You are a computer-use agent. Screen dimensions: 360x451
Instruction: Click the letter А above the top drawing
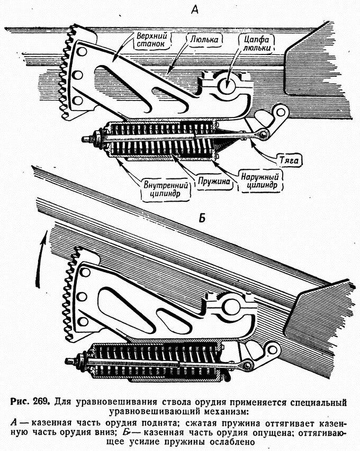195,11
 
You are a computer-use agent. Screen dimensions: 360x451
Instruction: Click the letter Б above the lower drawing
202,218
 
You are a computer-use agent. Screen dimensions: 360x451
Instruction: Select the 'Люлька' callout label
204,39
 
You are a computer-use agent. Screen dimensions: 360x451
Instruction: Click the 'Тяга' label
290,160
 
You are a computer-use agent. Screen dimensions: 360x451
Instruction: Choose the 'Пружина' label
214,181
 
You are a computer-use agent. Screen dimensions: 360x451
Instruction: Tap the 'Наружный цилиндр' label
260,181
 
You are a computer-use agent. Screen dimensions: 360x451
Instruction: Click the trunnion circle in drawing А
226,86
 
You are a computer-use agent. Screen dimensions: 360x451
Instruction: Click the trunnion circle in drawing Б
231,306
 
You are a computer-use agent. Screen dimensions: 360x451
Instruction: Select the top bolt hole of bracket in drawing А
82,51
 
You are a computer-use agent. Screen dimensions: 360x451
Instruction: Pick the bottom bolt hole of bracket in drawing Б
83,321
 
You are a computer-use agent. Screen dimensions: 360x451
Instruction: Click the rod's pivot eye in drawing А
263,133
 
